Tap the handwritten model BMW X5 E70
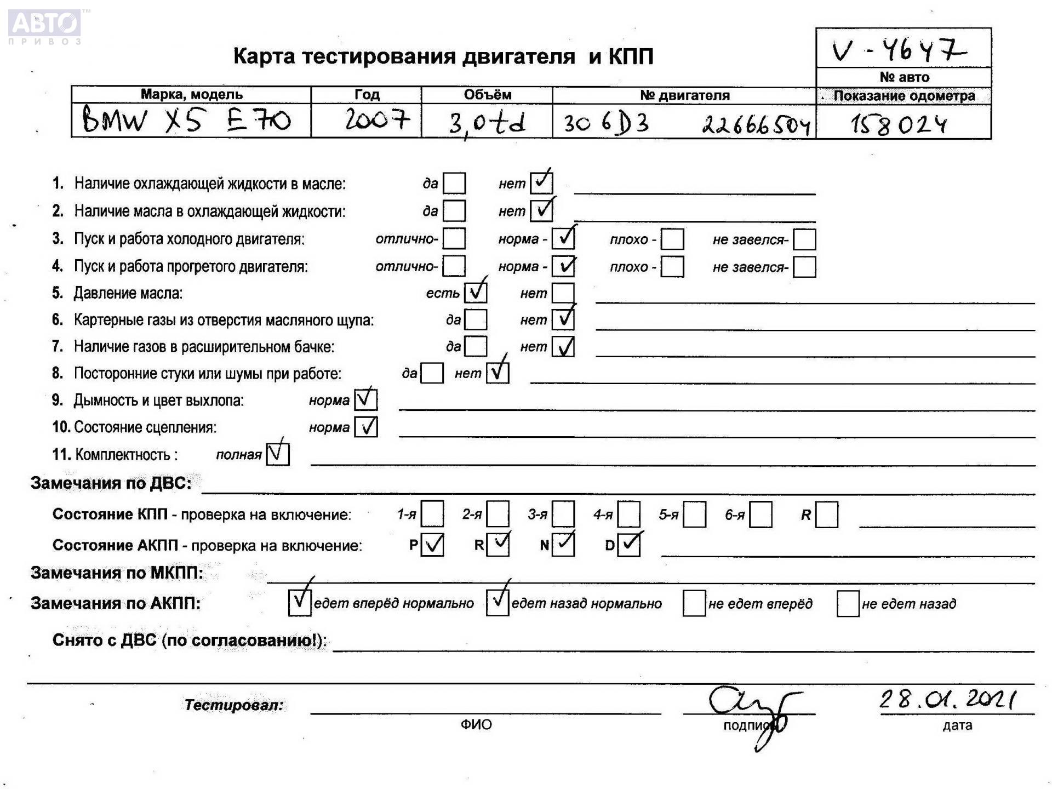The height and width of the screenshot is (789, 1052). (x=186, y=120)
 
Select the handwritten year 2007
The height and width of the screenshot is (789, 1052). (x=377, y=119)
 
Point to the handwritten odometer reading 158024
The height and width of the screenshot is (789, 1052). (x=899, y=124)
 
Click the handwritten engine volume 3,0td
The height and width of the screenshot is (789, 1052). (x=487, y=123)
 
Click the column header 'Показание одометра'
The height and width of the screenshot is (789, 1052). (x=904, y=96)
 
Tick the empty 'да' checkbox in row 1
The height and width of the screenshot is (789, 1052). (x=454, y=184)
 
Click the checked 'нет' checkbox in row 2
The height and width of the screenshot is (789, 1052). (x=541, y=210)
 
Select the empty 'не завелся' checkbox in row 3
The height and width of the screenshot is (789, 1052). (x=804, y=239)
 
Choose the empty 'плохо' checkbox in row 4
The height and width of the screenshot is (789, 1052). (x=672, y=267)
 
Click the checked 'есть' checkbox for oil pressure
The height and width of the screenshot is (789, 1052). (x=476, y=293)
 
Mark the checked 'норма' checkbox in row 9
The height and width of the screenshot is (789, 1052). (x=365, y=399)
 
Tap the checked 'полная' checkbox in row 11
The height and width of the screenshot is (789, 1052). (x=278, y=454)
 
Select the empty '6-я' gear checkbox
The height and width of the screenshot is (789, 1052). (x=761, y=514)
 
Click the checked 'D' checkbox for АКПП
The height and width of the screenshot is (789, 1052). (x=629, y=545)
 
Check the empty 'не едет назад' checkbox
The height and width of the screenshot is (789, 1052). (x=848, y=603)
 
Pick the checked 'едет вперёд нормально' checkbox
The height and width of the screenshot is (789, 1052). (x=300, y=603)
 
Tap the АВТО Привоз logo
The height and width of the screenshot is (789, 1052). (x=45, y=26)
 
